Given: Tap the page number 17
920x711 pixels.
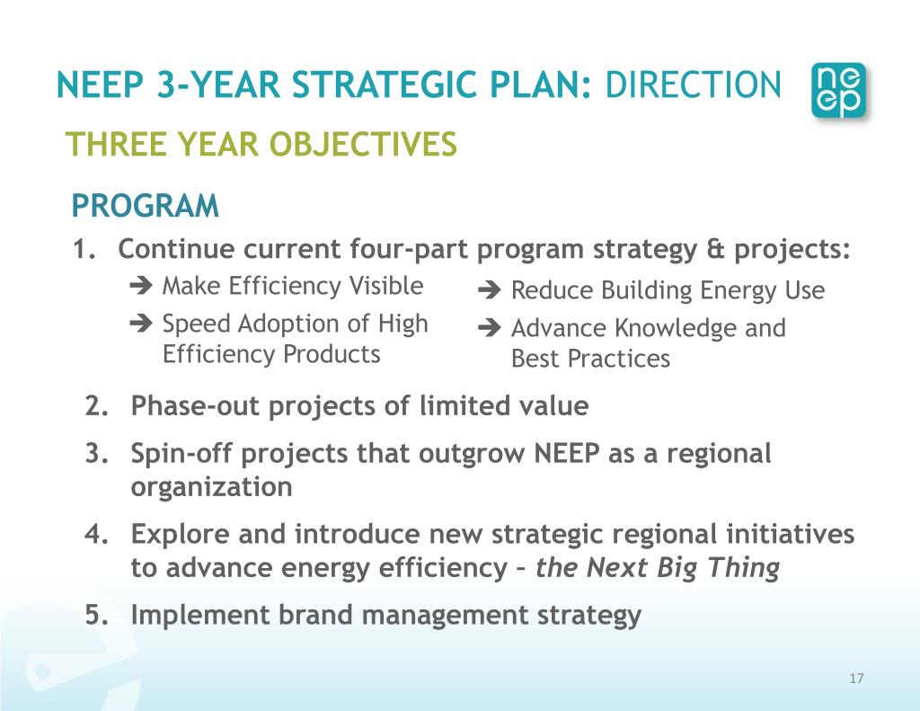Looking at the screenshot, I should tap(855, 679).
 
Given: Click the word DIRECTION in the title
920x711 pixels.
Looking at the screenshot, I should tap(693, 86).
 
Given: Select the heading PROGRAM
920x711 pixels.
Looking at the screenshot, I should tap(145, 207).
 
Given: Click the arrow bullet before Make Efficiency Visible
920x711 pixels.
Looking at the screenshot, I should tap(141, 288).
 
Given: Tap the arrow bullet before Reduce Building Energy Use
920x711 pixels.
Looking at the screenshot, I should tap(490, 291).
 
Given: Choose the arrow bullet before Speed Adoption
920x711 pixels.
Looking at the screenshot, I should tap(141, 324).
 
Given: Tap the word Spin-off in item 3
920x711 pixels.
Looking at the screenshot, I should tap(177, 454).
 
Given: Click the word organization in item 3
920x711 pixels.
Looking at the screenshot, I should tap(211, 487).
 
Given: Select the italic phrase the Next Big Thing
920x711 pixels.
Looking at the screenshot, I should tap(657, 569).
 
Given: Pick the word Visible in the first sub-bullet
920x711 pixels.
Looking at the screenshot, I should tap(385, 287).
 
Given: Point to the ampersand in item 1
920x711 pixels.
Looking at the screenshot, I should tap(714, 249).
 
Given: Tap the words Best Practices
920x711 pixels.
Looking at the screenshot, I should tap(590, 359).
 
